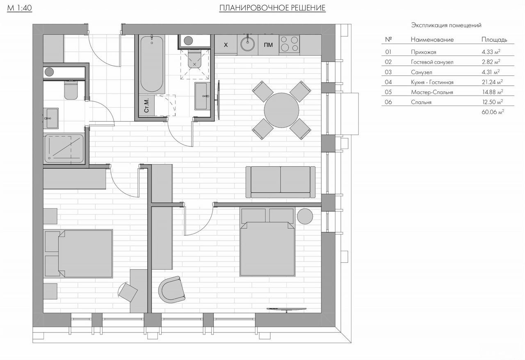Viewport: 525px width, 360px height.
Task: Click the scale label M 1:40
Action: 19,8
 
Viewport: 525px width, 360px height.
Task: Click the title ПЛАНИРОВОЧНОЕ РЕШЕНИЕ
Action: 272,8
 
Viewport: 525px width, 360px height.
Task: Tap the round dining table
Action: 281,110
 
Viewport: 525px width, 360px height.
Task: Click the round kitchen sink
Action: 247,44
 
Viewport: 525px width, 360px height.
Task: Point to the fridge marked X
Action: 226,45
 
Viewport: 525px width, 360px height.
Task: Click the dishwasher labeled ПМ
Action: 268,45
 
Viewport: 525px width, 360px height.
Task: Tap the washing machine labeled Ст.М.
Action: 146,105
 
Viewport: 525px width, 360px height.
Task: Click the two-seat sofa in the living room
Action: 281,182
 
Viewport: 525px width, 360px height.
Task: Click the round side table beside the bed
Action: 305,216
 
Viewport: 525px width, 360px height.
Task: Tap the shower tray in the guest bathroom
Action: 64,149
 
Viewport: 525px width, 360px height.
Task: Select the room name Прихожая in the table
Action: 424,52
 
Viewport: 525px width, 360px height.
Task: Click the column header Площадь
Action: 494,40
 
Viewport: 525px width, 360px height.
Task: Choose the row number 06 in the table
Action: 388,102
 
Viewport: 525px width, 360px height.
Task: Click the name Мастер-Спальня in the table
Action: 432,92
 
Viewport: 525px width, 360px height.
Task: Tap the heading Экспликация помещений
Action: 446,25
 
